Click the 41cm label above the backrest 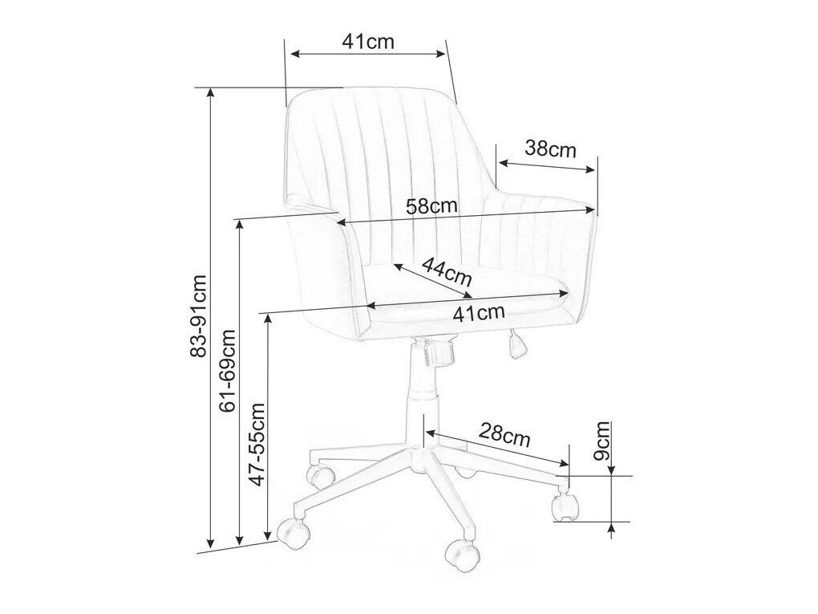tap(368, 41)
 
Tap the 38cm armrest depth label tap(550, 149)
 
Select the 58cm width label tap(431, 206)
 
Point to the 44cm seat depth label tap(447, 271)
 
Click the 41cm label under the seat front tap(479, 313)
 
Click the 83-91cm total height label tap(198, 316)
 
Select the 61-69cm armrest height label tap(228, 371)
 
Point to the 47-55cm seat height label tap(257, 445)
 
